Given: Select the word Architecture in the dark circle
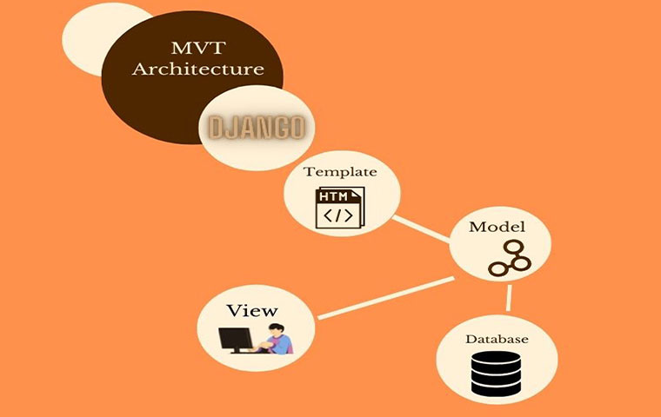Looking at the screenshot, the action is pos(198,69).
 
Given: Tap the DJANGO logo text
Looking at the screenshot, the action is pos(257,128).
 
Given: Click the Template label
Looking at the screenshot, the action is pos(340,172).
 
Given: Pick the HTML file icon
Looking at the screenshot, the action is pos(340,208).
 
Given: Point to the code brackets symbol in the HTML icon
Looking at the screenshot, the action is pos(338,215).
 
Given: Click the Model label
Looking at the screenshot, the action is pos(497,227).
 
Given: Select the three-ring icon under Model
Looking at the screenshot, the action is pos(510,258).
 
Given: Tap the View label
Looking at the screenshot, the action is pos(252,311).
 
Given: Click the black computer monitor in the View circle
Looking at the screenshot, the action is pos(236,340).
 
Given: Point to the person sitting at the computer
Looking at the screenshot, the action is pos(277,338).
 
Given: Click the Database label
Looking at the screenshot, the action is pos(497,340).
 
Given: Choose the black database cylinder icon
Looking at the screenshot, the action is pos(496,374).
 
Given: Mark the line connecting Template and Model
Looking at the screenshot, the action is pos(421,229).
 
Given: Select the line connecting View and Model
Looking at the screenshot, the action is pos(385,297).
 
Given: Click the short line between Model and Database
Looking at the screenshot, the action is pos(510,298).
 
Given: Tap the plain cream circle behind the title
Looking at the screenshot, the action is pos(97,39).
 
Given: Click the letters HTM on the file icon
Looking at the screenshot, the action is pos(333,196).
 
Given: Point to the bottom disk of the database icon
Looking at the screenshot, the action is pos(496,388).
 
